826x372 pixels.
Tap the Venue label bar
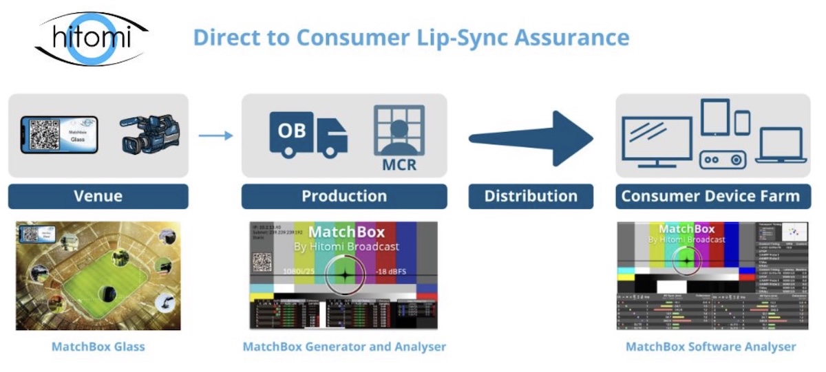(x=98, y=196)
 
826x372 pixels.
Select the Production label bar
(x=344, y=196)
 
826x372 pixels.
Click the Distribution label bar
(x=531, y=196)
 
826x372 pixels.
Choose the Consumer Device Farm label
(x=711, y=196)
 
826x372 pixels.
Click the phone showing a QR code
(x=59, y=135)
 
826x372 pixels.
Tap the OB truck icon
(x=308, y=133)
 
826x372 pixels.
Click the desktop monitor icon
(x=657, y=140)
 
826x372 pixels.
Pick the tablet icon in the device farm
(x=714, y=118)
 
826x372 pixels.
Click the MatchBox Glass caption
(x=98, y=347)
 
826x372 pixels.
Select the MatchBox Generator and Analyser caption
(x=344, y=347)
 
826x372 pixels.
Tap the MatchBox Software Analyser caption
(x=711, y=347)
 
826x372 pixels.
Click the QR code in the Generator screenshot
(x=262, y=262)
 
